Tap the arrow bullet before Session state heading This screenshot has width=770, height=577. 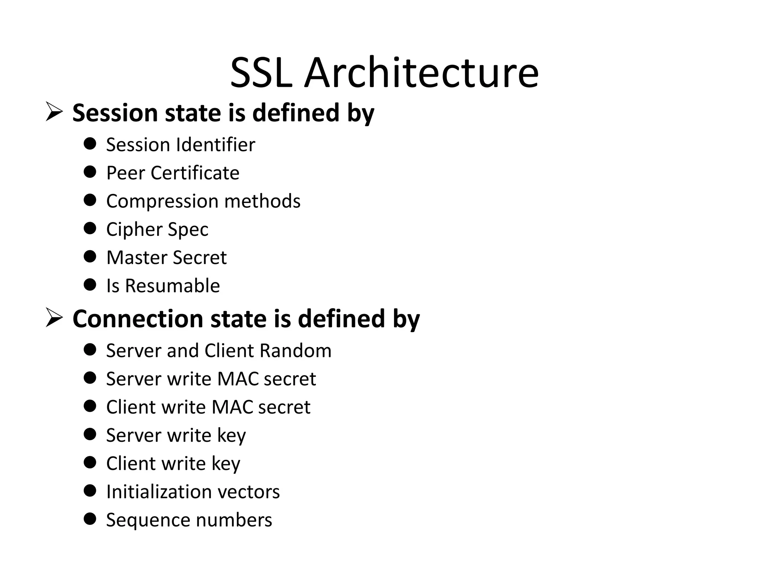[x=54, y=112]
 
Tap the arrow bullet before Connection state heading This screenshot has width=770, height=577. [x=54, y=317]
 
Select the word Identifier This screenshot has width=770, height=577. [x=215, y=145]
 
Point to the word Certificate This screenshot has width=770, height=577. [x=195, y=173]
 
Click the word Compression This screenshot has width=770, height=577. [x=162, y=201]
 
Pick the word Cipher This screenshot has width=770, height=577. [x=134, y=230]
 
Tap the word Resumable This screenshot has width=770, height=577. [x=172, y=286]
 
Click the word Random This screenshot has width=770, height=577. [x=295, y=350]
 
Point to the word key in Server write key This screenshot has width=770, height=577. [x=231, y=436]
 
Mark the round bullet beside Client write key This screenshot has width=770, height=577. [x=90, y=462]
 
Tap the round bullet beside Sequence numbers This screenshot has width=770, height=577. [x=90, y=519]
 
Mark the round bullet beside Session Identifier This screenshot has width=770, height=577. [x=90, y=143]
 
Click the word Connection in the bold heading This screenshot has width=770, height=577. [x=138, y=319]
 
